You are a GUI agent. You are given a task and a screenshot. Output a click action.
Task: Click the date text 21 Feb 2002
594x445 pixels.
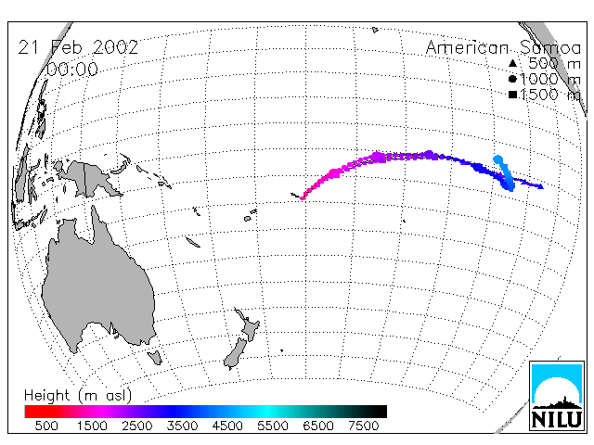pyautogui.click(x=78, y=47)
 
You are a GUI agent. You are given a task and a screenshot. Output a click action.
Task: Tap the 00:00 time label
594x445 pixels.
pyautogui.click(x=72, y=70)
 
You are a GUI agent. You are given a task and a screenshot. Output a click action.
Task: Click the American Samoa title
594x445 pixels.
pyautogui.click(x=503, y=47)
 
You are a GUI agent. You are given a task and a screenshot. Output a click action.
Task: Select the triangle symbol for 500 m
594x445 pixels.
pyautogui.click(x=512, y=63)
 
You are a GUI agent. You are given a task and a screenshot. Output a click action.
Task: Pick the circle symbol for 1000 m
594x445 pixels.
pyautogui.click(x=512, y=79)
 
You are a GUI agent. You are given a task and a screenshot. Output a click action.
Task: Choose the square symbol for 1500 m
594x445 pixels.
pyautogui.click(x=512, y=95)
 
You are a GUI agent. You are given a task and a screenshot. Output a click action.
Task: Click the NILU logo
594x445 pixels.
pyautogui.click(x=557, y=396)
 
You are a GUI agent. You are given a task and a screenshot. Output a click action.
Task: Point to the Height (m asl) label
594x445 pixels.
pyautogui.click(x=78, y=396)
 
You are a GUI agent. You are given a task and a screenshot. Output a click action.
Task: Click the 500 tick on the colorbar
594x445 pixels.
pyautogui.click(x=46, y=426)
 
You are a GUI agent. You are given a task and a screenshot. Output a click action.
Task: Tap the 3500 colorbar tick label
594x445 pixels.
pyautogui.click(x=182, y=426)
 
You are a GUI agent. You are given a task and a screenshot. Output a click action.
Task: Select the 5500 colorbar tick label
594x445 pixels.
pyautogui.click(x=273, y=426)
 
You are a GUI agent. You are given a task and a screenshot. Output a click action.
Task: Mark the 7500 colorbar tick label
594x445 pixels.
pyautogui.click(x=363, y=426)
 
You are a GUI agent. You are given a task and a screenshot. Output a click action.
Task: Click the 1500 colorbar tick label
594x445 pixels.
pyautogui.click(x=92, y=426)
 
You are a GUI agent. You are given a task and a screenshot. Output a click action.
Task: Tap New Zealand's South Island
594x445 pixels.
pyautogui.click(x=236, y=354)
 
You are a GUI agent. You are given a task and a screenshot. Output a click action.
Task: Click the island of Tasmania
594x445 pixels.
pyautogui.click(x=155, y=357)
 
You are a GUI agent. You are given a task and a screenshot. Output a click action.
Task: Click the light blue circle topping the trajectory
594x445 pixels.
pyautogui.click(x=497, y=159)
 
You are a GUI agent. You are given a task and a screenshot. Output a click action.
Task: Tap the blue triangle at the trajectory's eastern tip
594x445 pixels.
pyautogui.click(x=541, y=186)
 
